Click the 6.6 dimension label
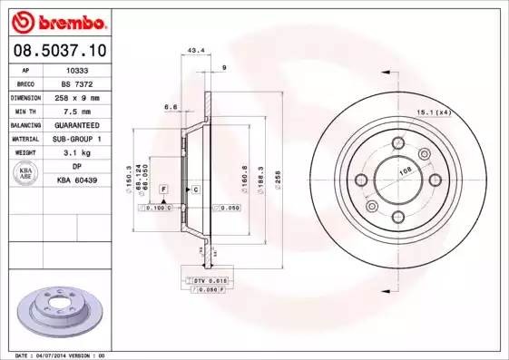click(x=170, y=106)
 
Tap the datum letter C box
click(x=194, y=189)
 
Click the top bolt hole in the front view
click(x=397, y=141)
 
